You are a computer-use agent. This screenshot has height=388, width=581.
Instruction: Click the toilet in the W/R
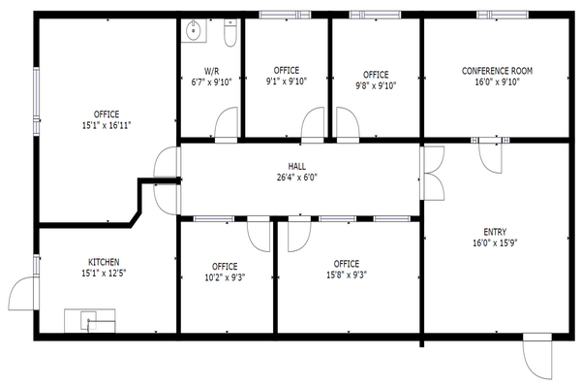tap(230, 33)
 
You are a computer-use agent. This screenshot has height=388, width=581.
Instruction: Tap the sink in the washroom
tap(194, 30)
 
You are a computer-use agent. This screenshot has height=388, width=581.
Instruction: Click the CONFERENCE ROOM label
tap(497, 71)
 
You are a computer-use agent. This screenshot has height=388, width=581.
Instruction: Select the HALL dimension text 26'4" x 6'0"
tap(297, 178)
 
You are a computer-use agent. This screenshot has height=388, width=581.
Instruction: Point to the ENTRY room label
tap(495, 232)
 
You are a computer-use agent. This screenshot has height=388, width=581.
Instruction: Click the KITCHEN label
tap(104, 262)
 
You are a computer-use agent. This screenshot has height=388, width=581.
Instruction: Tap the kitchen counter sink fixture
tap(90, 321)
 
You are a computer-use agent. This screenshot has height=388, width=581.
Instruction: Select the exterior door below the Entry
tap(536, 356)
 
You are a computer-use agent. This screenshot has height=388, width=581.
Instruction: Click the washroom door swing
tap(226, 122)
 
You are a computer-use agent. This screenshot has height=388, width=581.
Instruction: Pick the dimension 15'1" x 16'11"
tap(107, 125)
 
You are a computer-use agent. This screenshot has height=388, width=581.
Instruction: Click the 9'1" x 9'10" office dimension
tap(287, 81)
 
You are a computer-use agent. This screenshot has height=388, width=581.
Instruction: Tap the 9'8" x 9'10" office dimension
tap(376, 85)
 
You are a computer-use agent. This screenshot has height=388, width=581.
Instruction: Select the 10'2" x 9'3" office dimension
tap(225, 277)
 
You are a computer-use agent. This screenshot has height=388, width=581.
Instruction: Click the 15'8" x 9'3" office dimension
tap(347, 275)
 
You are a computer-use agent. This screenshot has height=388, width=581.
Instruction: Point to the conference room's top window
tap(503, 15)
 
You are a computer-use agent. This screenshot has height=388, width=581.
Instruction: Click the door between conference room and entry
tap(490, 156)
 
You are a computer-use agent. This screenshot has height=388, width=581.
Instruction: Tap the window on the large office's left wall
tap(37, 100)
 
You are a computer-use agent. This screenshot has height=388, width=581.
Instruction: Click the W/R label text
tap(211, 71)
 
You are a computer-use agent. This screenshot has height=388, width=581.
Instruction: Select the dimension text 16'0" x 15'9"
tap(495, 242)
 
